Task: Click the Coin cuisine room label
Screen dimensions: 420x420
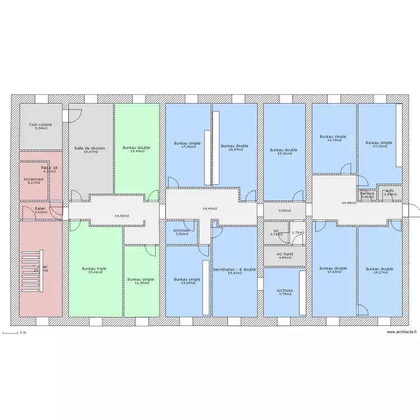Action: pos(41,124)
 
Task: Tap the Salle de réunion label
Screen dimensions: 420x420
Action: pos(90,148)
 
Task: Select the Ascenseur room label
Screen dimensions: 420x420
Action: pos(34,179)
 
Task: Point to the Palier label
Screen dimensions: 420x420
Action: pos(40,208)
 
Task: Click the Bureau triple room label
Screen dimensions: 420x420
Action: pos(94,269)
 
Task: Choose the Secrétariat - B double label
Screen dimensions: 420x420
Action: pos(234,269)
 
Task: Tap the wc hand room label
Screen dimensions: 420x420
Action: pos(284,254)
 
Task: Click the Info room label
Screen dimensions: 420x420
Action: pos(390,191)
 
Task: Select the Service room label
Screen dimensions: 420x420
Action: pos(367,193)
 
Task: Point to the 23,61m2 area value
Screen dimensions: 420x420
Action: pos(94,273)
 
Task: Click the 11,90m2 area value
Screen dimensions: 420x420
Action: pos(141,283)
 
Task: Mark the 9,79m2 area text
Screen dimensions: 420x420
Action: pos(284,295)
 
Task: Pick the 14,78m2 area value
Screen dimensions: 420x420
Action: pos(333,140)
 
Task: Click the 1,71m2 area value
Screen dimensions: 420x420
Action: pos(298,232)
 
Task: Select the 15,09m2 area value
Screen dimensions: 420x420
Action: pos(187,283)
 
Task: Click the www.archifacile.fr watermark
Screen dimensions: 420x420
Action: pos(402,333)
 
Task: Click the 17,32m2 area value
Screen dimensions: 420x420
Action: pos(379,146)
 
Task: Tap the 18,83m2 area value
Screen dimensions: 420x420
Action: pos(234,150)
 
